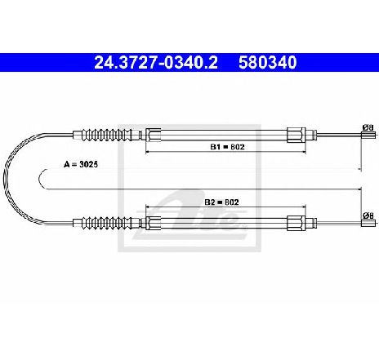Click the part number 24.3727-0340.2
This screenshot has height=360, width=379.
(x=156, y=63)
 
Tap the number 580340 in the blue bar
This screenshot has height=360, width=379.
(x=268, y=63)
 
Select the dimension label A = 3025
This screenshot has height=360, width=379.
(x=81, y=164)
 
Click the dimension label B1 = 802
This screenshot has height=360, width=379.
(x=227, y=147)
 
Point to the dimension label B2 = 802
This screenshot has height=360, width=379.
(x=221, y=202)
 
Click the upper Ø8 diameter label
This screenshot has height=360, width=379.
(x=368, y=127)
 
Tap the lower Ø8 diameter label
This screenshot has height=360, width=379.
(x=368, y=216)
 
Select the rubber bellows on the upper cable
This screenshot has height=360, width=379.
(x=107, y=135)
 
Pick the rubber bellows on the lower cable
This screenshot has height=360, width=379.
(x=107, y=223)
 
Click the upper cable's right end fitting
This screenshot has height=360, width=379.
(x=368, y=136)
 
